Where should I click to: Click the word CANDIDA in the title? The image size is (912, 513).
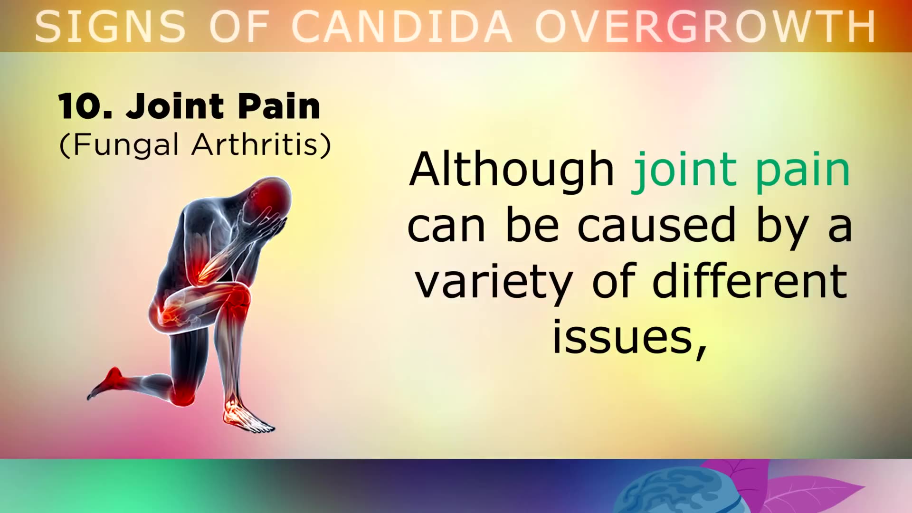pyautogui.click(x=401, y=27)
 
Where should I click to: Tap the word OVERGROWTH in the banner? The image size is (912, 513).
pyautogui.click(x=705, y=27)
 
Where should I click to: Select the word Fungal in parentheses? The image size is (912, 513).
pyautogui.click(x=126, y=144)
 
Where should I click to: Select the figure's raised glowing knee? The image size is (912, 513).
pyautogui.click(x=237, y=297)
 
